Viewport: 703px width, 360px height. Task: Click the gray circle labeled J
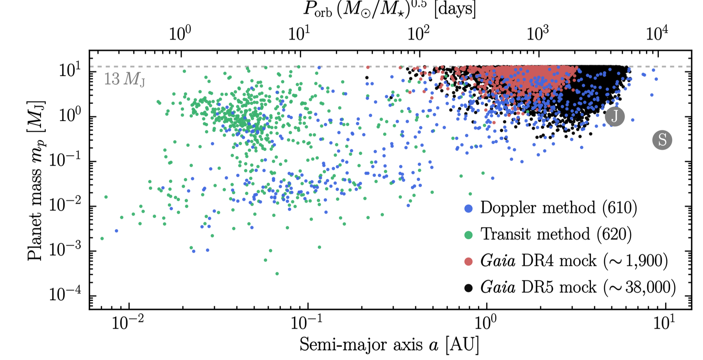(615, 116)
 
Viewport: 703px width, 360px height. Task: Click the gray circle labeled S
(662, 140)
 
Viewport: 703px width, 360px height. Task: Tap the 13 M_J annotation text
(124, 79)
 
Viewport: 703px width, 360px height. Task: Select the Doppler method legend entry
(558, 208)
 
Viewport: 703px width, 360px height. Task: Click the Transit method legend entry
(556, 234)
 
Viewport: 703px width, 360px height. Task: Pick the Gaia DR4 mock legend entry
(573, 261)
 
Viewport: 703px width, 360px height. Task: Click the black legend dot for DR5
(468, 288)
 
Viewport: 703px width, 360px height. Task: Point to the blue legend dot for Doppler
(468, 209)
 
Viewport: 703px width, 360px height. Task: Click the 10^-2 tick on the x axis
(128, 323)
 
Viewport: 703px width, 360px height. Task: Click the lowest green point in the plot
(277, 274)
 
